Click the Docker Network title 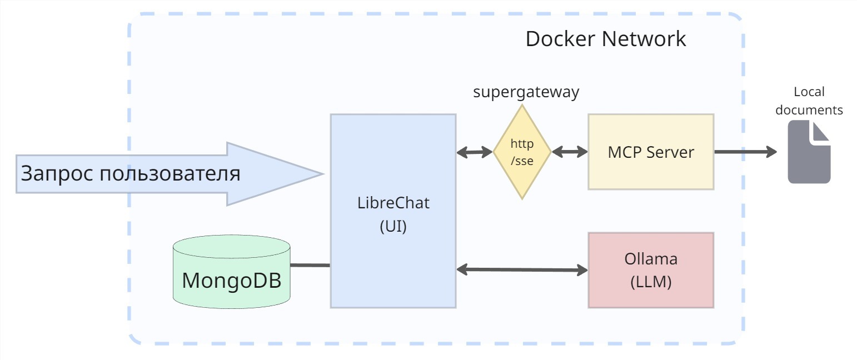[x=605, y=39]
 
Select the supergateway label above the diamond [x=526, y=92]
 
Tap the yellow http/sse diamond [x=522, y=152]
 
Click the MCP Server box [x=651, y=152]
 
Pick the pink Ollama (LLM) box [x=651, y=270]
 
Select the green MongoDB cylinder [x=231, y=272]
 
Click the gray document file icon [x=809, y=152]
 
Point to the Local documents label [x=809, y=101]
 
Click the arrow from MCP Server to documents [x=745, y=151]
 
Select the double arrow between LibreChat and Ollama [x=522, y=270]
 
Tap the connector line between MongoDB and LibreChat [x=310, y=265]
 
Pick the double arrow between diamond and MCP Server [x=570, y=151]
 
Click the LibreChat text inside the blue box [x=393, y=203]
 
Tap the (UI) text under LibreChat [x=393, y=227]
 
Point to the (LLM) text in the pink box [x=651, y=282]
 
